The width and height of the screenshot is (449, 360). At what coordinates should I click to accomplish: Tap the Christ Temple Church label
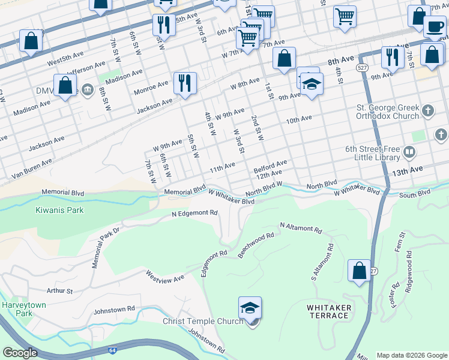(202, 321)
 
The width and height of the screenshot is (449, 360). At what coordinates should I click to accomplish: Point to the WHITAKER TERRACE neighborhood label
(329, 312)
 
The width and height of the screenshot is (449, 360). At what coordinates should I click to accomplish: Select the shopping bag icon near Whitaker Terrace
(359, 270)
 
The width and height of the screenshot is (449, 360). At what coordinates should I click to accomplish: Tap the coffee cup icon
(434, 26)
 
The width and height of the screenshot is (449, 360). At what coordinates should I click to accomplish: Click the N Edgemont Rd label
(194, 213)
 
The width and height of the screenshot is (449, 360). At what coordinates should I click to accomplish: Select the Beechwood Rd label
(256, 245)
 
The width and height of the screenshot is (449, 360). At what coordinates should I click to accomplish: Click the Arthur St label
(59, 291)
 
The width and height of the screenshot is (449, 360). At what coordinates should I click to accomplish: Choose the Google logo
(20, 353)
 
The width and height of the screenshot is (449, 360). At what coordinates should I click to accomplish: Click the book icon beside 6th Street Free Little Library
(410, 153)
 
